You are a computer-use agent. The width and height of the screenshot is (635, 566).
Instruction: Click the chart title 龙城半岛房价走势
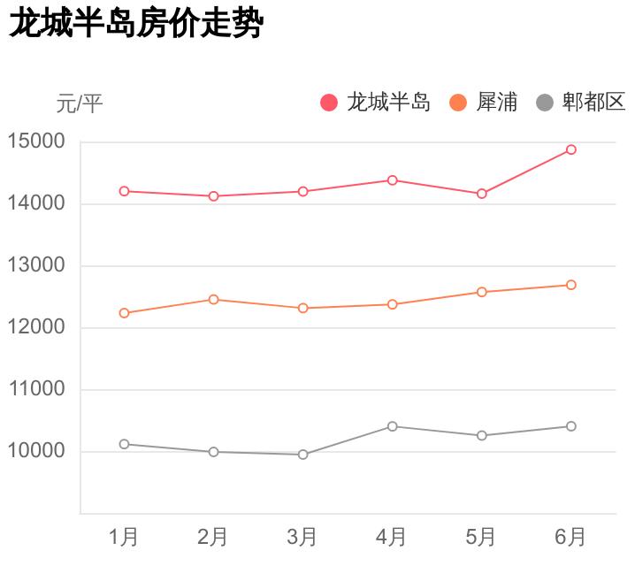[x=136, y=24]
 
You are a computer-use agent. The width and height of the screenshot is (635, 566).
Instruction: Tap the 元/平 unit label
[x=80, y=103]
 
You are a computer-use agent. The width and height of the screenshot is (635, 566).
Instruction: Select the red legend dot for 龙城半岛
[x=329, y=103]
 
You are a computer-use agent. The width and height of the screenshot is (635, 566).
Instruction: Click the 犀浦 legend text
[x=496, y=103]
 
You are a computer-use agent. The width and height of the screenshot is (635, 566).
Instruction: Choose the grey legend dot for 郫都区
[x=545, y=103]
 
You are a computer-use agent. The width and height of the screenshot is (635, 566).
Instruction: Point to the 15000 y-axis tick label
[x=36, y=141]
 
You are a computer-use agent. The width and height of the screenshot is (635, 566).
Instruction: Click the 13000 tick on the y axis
[x=36, y=265]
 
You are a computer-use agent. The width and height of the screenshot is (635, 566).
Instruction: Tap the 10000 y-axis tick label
[x=36, y=451]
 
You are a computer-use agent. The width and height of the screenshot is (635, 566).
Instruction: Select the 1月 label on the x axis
[x=124, y=537]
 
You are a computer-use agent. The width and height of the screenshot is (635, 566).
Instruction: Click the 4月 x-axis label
[x=392, y=537]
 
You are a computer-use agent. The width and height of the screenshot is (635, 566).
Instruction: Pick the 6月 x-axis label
[x=570, y=537]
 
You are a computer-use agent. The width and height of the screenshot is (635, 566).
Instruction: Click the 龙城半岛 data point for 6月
[x=571, y=149]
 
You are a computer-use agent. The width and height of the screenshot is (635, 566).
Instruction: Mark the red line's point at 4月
[x=393, y=180]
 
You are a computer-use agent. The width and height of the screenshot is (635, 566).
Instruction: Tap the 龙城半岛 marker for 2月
[x=213, y=196]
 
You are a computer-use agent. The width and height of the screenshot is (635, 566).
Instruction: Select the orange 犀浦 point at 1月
[x=124, y=313]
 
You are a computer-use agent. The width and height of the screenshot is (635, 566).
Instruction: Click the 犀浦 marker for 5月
[x=482, y=292]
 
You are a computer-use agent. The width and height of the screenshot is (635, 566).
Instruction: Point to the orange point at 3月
[x=303, y=308]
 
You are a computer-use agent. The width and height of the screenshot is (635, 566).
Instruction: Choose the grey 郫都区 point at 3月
[x=303, y=455]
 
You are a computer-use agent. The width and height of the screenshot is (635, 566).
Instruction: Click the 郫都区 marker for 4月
[x=393, y=426]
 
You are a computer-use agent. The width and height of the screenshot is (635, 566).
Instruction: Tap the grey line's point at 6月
[x=571, y=426]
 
